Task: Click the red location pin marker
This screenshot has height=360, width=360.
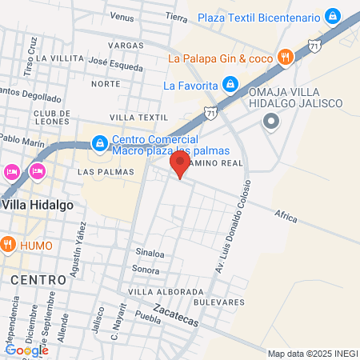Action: pos(179,166)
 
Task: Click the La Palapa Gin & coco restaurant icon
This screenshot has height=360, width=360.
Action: pos(284,57)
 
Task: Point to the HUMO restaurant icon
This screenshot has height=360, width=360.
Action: pos(8,243)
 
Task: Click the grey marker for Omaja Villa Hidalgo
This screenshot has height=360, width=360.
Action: pos(271,122)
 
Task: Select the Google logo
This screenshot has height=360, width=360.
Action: pos(26,350)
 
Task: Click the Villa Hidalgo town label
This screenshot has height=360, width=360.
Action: pos(37,204)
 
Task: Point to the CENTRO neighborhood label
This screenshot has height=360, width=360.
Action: pos(38,279)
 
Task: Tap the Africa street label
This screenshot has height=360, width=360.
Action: pos(285,215)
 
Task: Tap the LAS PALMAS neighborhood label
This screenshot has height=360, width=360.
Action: pos(100,172)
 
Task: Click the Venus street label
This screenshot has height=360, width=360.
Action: pos(122,16)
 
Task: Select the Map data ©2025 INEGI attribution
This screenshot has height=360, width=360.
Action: pos(312,354)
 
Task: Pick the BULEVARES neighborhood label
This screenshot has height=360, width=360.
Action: pos(218,302)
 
